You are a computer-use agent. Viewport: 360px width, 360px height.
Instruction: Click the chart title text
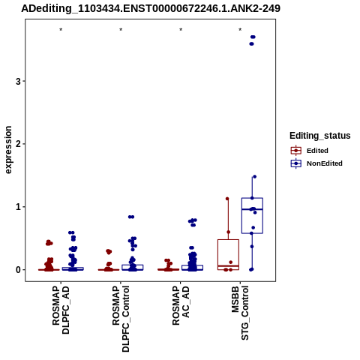point(151,8)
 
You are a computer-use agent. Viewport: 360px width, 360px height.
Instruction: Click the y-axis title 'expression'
point(8,150)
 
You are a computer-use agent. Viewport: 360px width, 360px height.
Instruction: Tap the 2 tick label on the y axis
point(18,144)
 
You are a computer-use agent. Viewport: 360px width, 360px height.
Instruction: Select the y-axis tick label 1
point(18,207)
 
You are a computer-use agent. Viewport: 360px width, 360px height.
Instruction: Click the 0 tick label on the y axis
point(18,270)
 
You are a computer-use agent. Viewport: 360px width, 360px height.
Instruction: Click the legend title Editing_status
point(320,136)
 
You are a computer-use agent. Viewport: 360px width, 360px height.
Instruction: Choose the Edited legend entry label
point(317,151)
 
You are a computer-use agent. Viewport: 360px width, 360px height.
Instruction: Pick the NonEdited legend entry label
point(325,163)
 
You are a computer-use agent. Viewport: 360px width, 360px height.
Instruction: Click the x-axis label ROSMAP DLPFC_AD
point(61,310)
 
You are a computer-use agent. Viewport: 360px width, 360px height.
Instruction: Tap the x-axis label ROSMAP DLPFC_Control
point(121,319)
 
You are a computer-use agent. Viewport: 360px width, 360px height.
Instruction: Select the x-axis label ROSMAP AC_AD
point(181,305)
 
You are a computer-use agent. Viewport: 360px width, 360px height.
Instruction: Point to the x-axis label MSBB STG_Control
point(240,313)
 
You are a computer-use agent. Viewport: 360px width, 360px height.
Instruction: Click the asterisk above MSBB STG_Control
point(240,30)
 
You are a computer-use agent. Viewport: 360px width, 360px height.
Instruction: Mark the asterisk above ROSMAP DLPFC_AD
point(61,30)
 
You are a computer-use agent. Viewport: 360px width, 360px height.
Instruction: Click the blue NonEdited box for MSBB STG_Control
point(241,215)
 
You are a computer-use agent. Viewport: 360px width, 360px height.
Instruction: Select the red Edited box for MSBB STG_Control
point(217,254)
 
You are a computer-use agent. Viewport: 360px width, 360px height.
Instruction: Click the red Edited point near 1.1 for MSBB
point(227,199)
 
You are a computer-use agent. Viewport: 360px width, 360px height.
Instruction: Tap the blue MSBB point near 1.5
point(255,177)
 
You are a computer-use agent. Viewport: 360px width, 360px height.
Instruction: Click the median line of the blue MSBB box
point(252,209)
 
